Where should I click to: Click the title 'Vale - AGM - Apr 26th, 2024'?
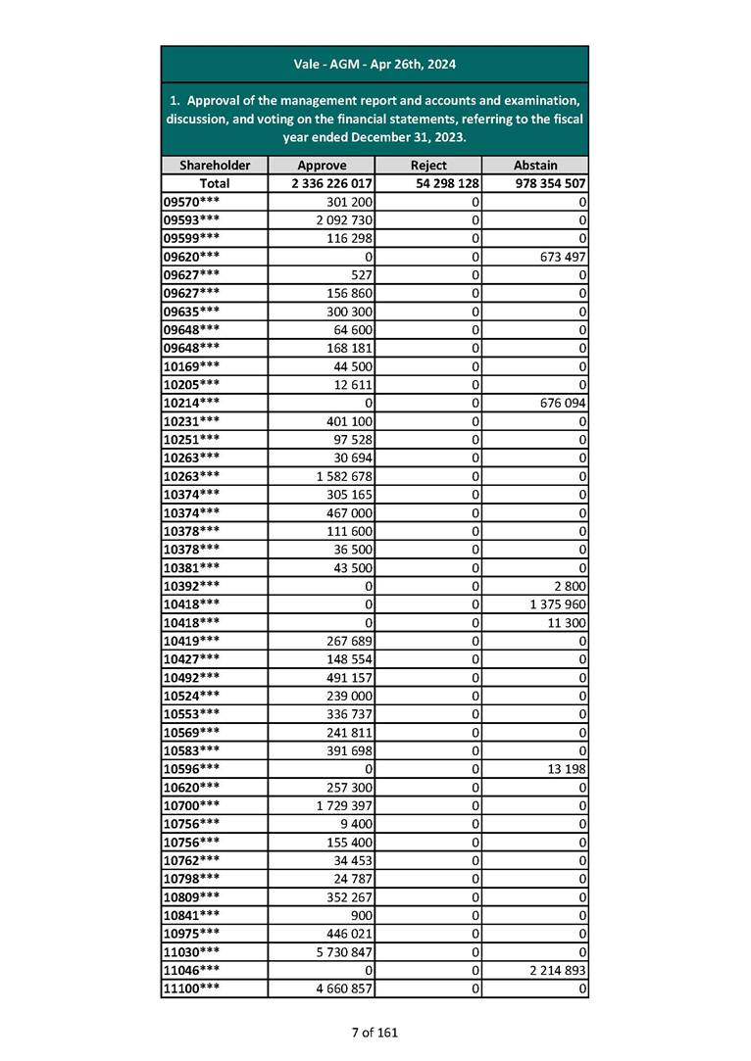click(375, 65)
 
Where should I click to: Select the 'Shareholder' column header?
click(215, 166)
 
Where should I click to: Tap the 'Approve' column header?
click(322, 166)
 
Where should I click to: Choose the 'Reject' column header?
click(428, 166)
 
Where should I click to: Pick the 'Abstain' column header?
click(535, 166)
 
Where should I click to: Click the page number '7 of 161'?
click(375, 1032)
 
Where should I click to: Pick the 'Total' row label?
click(215, 183)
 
